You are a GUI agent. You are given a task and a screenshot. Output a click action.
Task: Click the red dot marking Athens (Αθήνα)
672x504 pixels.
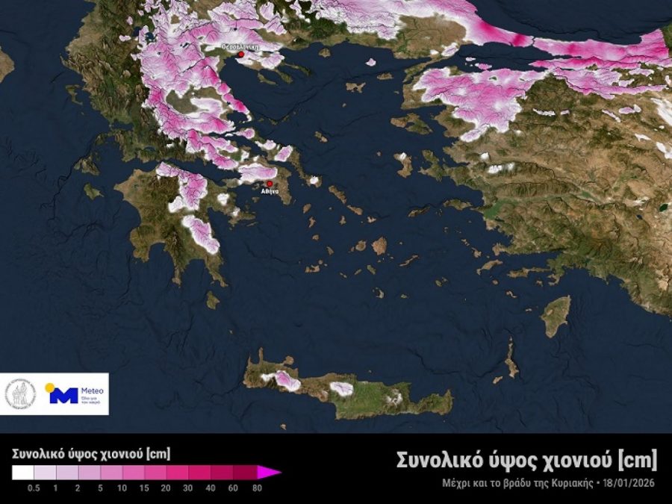(270, 183)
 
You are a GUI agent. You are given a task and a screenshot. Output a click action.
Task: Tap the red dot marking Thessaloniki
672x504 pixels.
(240, 54)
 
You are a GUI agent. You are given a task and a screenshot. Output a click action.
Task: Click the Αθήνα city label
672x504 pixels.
(270, 192)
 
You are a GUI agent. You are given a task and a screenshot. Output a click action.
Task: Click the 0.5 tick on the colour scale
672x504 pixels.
(34, 488)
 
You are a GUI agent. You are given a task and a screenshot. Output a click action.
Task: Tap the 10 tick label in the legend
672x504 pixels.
(122, 488)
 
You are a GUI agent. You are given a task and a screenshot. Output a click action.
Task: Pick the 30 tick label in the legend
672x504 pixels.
(189, 488)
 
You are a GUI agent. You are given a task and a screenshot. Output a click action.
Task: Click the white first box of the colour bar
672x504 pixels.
(22, 472)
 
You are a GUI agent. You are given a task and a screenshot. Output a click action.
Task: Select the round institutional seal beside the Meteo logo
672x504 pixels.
(20, 394)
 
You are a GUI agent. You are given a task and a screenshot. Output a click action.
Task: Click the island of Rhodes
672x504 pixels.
(556, 316)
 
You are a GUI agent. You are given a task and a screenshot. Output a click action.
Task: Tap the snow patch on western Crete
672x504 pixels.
(285, 381)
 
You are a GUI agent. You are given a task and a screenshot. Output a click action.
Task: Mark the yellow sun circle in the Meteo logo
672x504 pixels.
(50, 388)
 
